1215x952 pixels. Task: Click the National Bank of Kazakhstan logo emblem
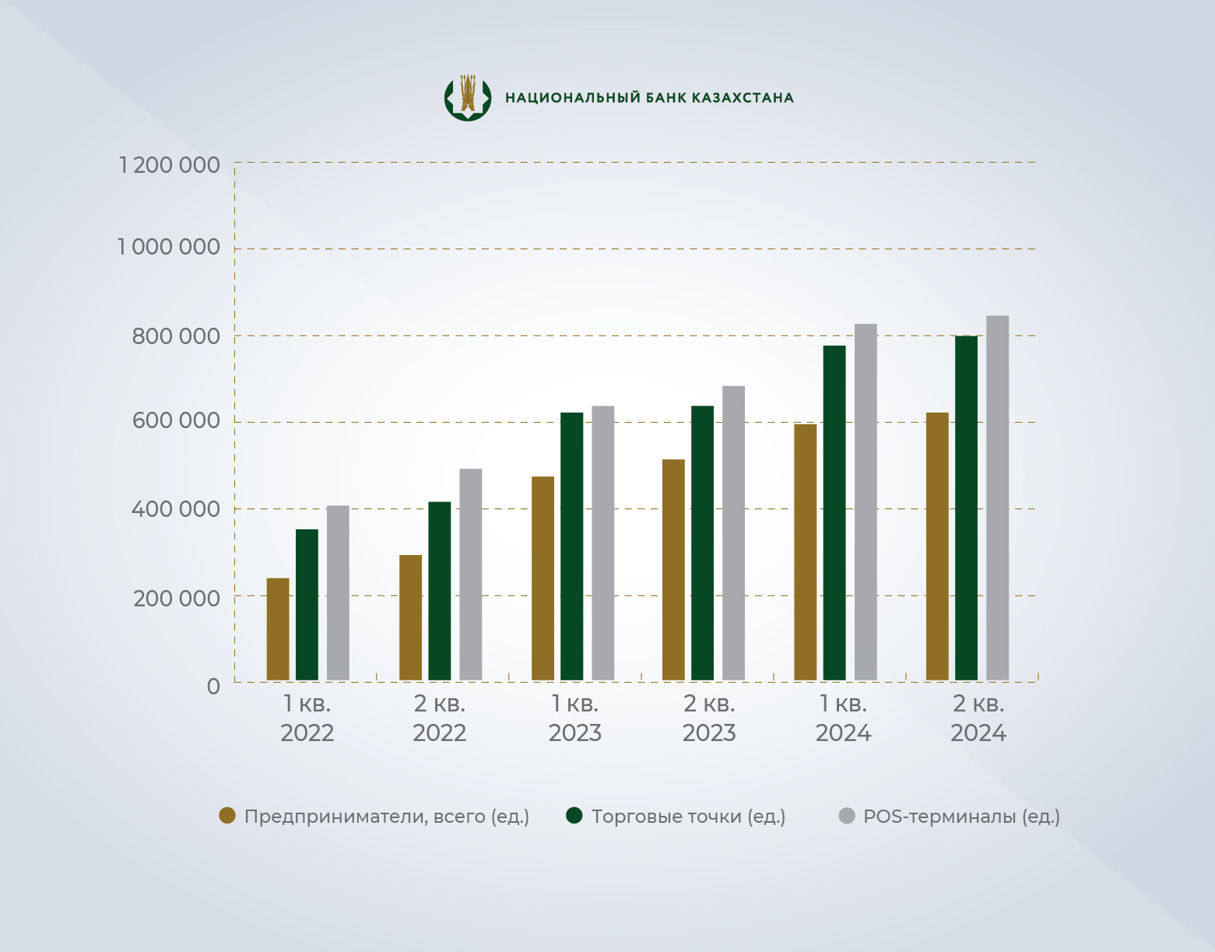click(x=468, y=97)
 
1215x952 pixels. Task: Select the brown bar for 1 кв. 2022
click(x=278, y=629)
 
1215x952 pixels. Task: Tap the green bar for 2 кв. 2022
click(x=440, y=591)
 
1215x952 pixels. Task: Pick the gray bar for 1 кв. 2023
click(x=602, y=543)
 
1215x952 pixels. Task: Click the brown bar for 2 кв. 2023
click(x=673, y=570)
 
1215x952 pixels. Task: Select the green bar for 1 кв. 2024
click(x=834, y=513)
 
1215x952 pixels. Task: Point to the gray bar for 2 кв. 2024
click(x=997, y=497)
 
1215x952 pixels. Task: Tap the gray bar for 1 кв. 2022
click(x=338, y=592)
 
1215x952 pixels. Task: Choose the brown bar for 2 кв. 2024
click(x=937, y=546)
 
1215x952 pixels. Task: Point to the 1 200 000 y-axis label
click(x=169, y=165)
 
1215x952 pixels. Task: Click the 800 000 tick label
click(x=176, y=336)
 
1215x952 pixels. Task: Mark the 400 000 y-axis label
click(x=176, y=510)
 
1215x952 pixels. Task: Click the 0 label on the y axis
click(x=213, y=687)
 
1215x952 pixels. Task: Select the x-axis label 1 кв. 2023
click(x=575, y=718)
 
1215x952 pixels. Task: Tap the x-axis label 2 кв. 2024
click(x=978, y=718)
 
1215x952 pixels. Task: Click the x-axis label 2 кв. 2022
click(x=440, y=718)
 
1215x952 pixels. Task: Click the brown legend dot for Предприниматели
click(x=227, y=816)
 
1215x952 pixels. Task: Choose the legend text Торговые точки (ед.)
click(x=688, y=817)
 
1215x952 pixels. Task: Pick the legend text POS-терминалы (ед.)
click(x=961, y=817)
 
